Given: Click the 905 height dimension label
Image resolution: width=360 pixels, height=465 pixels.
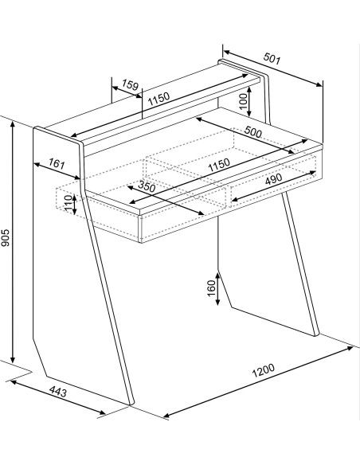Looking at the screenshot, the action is [6, 237].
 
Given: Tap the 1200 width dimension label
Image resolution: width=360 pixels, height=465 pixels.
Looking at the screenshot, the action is [264, 370].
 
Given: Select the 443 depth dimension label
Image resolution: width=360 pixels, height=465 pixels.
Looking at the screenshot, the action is [58, 392].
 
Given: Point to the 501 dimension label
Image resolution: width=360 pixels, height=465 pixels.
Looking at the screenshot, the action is [272, 58].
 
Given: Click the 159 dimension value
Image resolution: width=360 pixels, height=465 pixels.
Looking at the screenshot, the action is [130, 84].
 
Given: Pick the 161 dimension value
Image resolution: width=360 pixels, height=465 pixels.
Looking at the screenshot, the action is [57, 163].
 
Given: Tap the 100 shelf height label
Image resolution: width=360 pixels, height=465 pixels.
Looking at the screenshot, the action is [243, 101].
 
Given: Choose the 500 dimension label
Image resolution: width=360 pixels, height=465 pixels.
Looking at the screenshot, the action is [253, 131].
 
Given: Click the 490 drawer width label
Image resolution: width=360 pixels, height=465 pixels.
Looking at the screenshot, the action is [273, 179].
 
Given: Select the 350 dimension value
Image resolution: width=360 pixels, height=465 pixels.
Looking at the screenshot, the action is [147, 186].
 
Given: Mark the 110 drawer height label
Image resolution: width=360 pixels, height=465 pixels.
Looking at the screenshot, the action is [68, 203].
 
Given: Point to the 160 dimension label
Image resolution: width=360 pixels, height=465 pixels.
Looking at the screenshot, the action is [211, 288].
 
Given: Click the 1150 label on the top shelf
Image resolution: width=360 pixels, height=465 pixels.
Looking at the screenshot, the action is [159, 99].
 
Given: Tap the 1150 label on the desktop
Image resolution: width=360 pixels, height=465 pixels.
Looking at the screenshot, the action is [219, 166].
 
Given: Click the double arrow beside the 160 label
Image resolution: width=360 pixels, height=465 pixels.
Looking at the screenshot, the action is [217, 289].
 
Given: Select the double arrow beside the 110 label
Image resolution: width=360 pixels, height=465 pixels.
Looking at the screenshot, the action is [74, 205].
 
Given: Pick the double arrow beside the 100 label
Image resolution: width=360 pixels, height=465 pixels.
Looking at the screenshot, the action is [249, 101].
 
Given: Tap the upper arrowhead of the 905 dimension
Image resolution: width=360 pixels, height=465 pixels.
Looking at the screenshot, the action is [13, 125].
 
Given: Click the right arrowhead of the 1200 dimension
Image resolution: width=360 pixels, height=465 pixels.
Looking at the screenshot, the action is [350, 348].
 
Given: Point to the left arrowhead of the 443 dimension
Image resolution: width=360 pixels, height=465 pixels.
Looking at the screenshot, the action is [14, 382].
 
